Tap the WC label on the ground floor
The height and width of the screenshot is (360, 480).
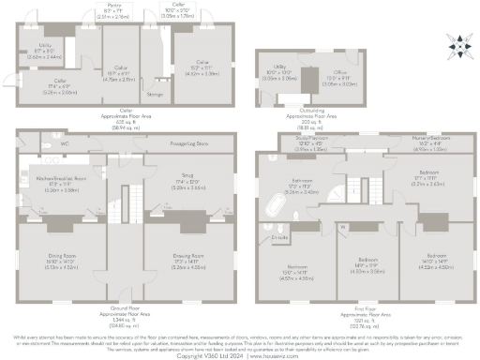[65, 143]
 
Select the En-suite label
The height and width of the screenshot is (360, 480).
[278, 238]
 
